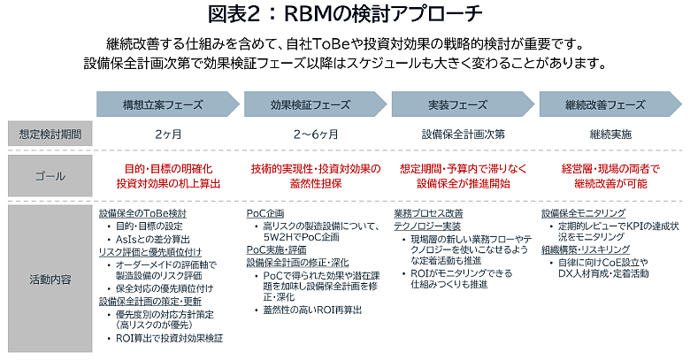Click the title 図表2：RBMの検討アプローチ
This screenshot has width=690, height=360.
point(344,15)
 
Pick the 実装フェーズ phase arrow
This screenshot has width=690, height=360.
point(457,103)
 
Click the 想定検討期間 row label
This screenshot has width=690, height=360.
point(50,134)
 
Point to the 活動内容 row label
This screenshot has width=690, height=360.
point(50,279)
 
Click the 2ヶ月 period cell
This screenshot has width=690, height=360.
point(167,134)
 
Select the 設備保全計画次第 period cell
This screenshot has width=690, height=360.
point(463,134)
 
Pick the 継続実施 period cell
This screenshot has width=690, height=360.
point(610,134)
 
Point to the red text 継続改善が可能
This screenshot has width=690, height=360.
point(610,184)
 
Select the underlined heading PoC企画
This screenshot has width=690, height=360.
point(265,214)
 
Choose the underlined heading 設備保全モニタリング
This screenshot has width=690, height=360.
point(584,214)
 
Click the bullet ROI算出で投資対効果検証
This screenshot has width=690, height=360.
point(170,338)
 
